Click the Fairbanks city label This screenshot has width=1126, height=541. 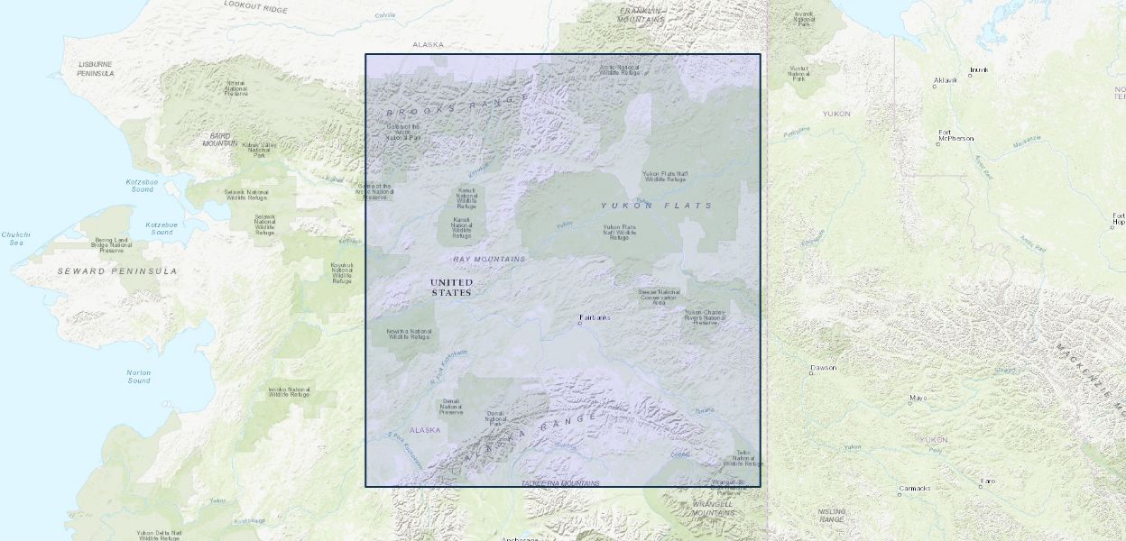595,317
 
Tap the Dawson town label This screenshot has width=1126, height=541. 824,368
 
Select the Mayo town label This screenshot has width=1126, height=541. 918,398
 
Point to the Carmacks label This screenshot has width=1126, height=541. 914,489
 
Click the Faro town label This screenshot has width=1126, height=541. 989,481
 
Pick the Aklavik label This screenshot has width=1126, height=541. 945,80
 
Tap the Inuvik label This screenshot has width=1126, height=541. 979,69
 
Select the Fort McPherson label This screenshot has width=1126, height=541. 956,136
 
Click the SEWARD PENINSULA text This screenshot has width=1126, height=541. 117,270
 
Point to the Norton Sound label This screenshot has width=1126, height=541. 139,376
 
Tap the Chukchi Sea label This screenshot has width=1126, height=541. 15,238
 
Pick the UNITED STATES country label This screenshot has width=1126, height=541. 451,287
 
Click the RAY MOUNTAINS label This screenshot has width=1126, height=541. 489,259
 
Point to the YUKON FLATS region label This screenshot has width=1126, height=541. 657,206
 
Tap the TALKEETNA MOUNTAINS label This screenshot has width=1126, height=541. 560,484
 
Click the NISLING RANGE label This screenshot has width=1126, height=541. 832,515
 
